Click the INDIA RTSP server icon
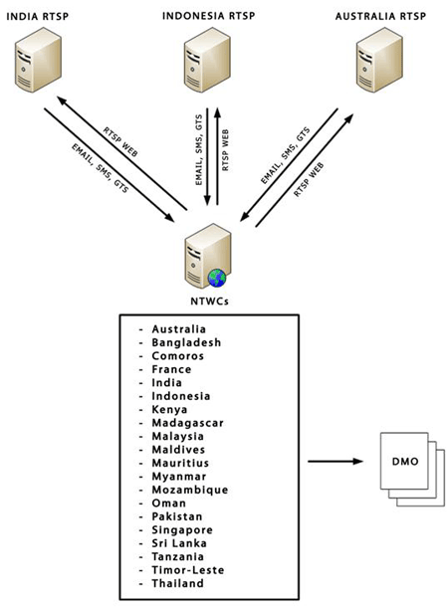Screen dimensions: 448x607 tap(38, 60)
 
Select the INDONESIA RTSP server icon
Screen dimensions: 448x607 tap(207, 60)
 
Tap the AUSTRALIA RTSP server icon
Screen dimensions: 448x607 tap(379, 60)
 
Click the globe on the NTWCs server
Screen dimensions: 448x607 tap(217, 278)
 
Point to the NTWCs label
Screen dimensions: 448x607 tap(209, 302)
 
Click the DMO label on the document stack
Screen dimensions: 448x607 tap(405, 462)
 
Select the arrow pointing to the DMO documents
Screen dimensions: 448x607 tap(336, 461)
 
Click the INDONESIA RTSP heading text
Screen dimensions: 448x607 tap(209, 16)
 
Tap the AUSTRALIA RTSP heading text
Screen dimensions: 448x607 tap(380, 16)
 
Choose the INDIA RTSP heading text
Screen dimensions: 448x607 tap(38, 17)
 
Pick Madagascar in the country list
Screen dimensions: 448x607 tap(188, 423)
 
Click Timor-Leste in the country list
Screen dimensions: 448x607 tap(188, 570)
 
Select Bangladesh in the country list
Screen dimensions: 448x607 tap(186, 342)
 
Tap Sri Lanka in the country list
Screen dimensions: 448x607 tap(179, 543)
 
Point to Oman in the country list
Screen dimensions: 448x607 tap(169, 504)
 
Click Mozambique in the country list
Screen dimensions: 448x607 tap(190, 491)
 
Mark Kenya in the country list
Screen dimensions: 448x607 tap(169, 410)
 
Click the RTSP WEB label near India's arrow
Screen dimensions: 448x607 tap(120, 141)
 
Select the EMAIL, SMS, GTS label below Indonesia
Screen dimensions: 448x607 tap(199, 150)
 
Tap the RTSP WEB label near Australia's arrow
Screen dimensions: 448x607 tap(309, 180)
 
